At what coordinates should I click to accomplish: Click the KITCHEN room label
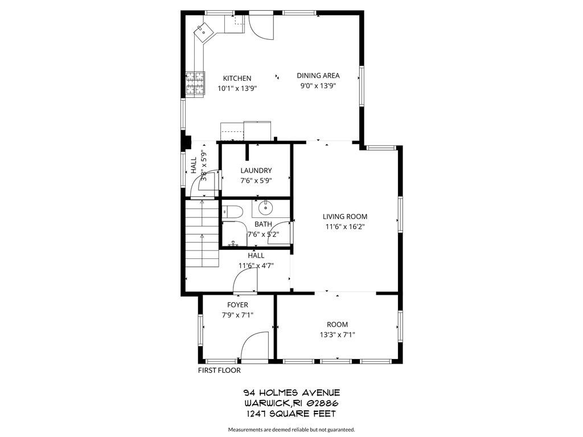click(x=237, y=79)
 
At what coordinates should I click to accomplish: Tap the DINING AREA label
click(x=318, y=76)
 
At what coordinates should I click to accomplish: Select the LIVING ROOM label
click(x=344, y=216)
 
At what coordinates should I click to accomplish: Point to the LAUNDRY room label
click(x=256, y=171)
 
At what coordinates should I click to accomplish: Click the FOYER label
click(x=237, y=305)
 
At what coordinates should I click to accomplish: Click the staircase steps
click(x=203, y=233)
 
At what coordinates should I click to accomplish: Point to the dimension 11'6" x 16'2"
click(x=344, y=226)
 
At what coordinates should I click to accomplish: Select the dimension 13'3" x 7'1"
click(x=337, y=335)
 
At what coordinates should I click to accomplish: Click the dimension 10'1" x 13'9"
click(x=237, y=89)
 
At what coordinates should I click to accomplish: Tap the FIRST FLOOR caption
click(x=219, y=370)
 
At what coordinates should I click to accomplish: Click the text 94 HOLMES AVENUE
click(x=291, y=393)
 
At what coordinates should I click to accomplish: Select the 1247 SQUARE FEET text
click(x=291, y=414)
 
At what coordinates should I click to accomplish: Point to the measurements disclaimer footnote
click(x=291, y=430)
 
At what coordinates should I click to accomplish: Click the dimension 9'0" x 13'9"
click(x=318, y=86)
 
